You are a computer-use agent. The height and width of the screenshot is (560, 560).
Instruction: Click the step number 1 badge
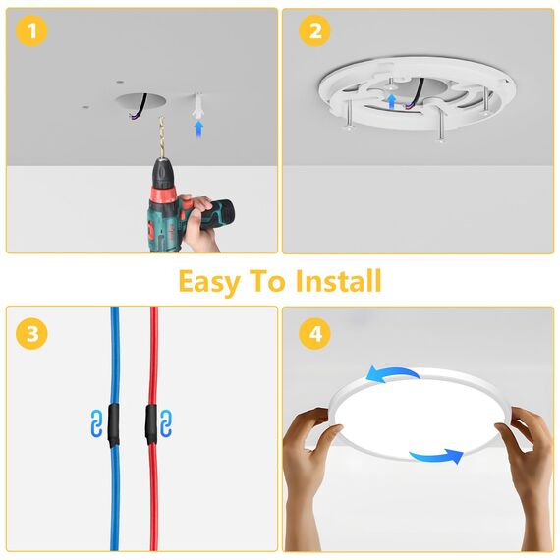33,32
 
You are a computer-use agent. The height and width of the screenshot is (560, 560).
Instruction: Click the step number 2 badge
314,32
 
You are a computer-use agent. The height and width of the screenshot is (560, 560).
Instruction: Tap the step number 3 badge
33,334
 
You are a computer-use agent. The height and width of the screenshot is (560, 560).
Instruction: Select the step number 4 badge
314,334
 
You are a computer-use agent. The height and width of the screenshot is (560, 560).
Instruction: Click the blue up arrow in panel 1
199,127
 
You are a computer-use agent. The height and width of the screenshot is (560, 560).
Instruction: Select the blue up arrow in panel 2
392,100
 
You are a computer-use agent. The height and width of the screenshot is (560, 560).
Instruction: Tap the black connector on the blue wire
114,423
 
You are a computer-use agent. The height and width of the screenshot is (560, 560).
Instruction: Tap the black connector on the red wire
152,423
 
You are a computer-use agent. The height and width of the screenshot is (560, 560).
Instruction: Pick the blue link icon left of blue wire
96,424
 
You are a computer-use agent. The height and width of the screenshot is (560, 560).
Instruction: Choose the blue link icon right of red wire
168,424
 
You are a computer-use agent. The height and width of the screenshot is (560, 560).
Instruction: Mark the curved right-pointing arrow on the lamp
434,455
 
